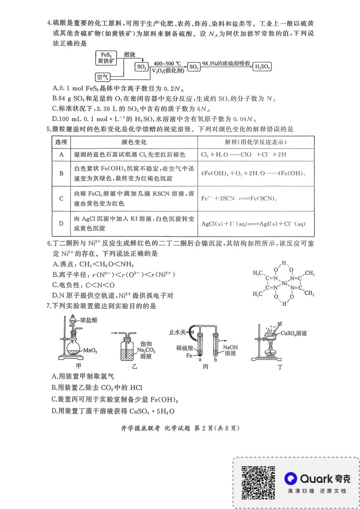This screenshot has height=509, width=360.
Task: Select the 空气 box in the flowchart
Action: point(102,77)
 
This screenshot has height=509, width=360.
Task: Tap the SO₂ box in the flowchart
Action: point(142,67)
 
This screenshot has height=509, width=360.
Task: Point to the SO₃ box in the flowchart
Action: point(194,67)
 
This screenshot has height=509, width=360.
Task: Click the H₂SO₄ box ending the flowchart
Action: point(263,67)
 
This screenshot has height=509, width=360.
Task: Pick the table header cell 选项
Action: point(61,142)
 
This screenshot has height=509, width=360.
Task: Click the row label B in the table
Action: point(61,173)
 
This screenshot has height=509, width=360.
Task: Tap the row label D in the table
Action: point(61,223)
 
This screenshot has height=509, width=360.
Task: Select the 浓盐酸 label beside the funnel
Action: point(89,320)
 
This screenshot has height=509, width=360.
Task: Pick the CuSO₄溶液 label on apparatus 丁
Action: point(294,334)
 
